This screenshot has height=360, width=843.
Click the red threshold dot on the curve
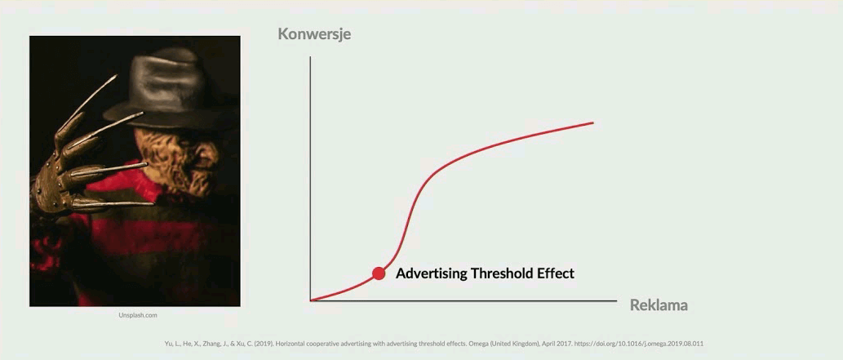tap(379, 273)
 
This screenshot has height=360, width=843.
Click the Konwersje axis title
tap(314, 34)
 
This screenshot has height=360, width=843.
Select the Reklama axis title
tap(659, 305)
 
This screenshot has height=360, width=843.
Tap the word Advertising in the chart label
tap(431, 273)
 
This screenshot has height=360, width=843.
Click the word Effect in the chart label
tap(557, 273)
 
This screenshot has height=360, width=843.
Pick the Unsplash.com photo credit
tap(138, 315)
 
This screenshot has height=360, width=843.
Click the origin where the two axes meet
tap(310, 300)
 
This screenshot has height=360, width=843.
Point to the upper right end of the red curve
tap(593, 122)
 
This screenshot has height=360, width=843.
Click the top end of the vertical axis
tap(310, 56)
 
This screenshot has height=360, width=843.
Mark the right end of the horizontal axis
tap(617, 300)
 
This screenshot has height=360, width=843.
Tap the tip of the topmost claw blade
tap(116, 75)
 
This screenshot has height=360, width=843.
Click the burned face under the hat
tap(175, 158)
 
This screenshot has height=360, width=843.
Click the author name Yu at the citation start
tap(168, 344)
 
